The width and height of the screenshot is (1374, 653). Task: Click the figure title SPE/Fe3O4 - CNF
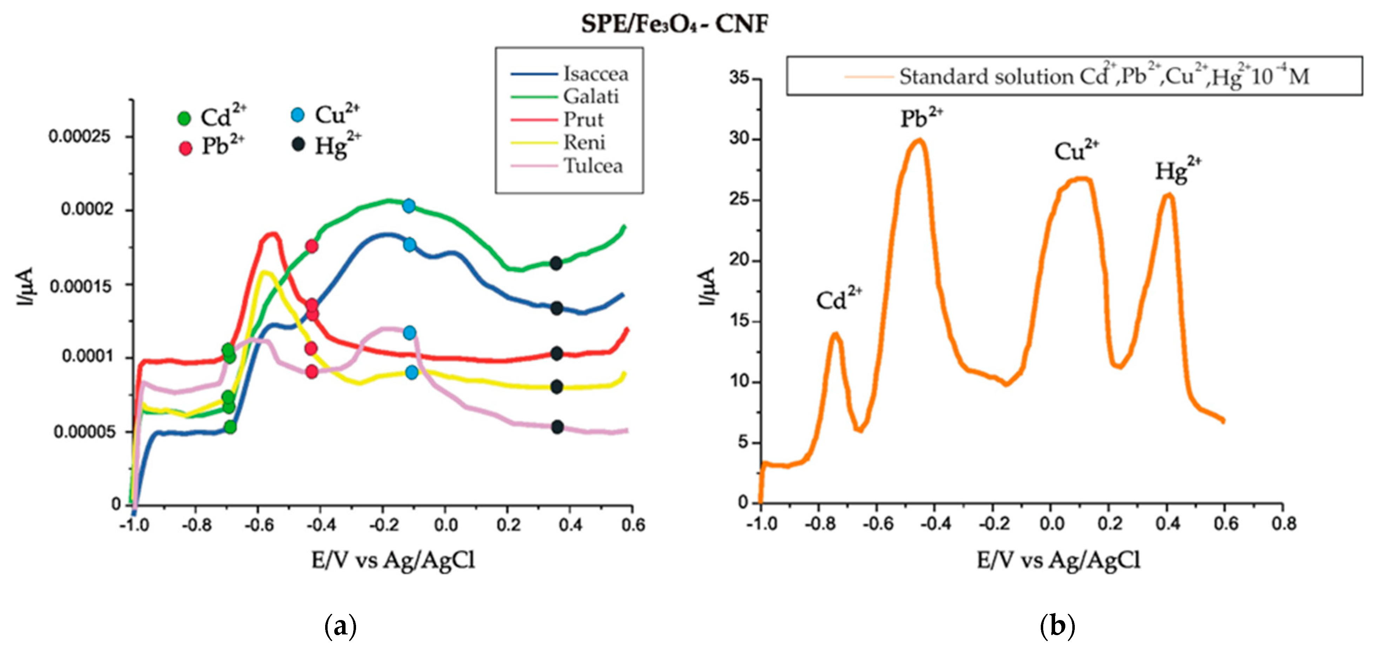(x=675, y=24)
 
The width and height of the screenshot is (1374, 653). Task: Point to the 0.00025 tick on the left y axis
(x=80, y=136)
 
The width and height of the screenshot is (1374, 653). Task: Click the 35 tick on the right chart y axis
(x=739, y=78)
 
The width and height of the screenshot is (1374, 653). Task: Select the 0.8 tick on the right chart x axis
(x=1283, y=524)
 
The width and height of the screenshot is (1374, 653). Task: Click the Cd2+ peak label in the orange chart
(x=838, y=299)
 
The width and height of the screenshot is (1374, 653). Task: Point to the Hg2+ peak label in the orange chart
(x=1178, y=170)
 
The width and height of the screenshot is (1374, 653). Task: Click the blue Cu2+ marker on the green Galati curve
(x=409, y=206)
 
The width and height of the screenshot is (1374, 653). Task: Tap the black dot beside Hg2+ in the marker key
(x=298, y=144)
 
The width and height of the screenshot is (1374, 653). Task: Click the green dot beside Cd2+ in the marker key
(x=184, y=118)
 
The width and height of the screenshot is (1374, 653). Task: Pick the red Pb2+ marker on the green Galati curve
(x=312, y=246)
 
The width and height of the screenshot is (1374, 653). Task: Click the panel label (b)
(x=1057, y=626)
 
